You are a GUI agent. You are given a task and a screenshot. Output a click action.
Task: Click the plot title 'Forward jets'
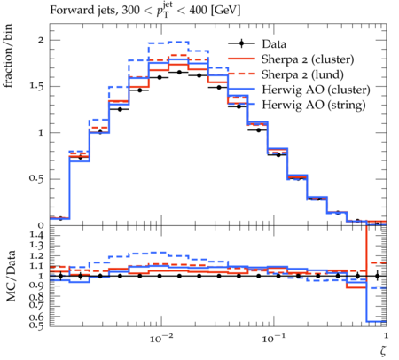[83, 11]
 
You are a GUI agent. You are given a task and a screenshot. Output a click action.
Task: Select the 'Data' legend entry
[274, 44]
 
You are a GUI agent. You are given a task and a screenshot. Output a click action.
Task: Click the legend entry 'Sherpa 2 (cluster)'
[308, 59]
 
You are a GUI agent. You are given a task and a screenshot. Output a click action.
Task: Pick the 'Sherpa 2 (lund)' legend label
[302, 74]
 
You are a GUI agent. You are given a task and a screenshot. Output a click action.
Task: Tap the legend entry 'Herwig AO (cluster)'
[316, 90]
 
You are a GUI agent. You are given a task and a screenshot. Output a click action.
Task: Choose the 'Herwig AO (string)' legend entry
[314, 105]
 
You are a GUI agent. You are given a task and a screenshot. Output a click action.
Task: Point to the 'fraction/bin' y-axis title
[8, 56]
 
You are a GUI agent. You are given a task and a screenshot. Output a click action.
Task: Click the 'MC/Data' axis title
[11, 276]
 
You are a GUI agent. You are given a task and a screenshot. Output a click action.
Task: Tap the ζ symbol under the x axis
[383, 350]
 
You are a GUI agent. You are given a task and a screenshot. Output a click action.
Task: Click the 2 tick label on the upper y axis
[41, 40]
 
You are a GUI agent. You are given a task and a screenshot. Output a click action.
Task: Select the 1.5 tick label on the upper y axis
[36, 86]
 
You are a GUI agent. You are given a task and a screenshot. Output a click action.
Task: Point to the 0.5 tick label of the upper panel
[36, 179]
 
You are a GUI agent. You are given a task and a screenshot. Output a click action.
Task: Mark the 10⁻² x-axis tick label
[161, 339]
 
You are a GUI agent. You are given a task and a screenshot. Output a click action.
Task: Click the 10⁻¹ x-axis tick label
[273, 339]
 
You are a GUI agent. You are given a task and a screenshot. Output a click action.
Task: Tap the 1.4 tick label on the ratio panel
[36, 236]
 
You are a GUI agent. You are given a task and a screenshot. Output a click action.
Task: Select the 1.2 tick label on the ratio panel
[36, 256]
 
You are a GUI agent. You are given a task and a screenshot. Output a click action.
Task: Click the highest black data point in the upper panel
[179, 72]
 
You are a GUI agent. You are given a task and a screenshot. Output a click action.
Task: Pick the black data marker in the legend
[241, 43]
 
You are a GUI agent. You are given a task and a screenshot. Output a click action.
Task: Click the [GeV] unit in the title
[226, 11]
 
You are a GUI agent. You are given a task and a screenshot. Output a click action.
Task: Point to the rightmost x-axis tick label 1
[386, 335]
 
